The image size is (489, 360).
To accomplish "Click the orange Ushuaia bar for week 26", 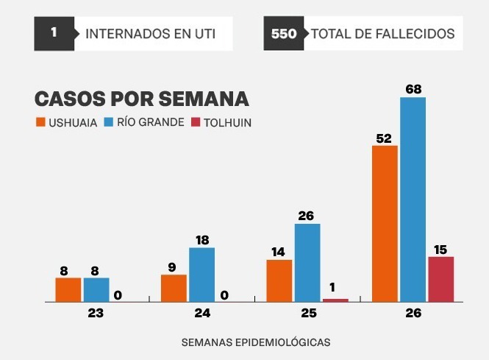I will [385, 224].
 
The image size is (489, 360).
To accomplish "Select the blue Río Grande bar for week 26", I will [413, 200].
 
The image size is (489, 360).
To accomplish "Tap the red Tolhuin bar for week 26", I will [440, 279].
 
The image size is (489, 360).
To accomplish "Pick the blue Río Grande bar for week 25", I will [307, 263].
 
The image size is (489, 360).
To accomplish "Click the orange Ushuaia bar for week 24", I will [174, 288].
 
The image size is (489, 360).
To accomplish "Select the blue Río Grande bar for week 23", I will [96, 289].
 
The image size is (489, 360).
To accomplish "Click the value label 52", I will [385, 138].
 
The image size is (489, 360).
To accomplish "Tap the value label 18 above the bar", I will [202, 239].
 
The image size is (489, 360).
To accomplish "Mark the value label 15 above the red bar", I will [441, 249].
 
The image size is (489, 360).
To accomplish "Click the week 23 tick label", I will [95, 314].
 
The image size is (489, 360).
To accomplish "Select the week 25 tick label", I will [308, 314].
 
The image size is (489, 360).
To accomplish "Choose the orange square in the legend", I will [40, 122].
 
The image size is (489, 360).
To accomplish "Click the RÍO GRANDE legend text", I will [149, 122].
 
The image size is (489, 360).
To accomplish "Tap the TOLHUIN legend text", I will [227, 122].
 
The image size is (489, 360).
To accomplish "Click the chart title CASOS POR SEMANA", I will [141, 99].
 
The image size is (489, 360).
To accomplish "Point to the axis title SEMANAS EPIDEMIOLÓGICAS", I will [256, 342].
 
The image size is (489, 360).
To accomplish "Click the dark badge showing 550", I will [284, 34].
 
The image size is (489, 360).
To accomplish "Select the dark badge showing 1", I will [54, 34].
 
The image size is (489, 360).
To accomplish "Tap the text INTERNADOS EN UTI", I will [150, 34].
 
